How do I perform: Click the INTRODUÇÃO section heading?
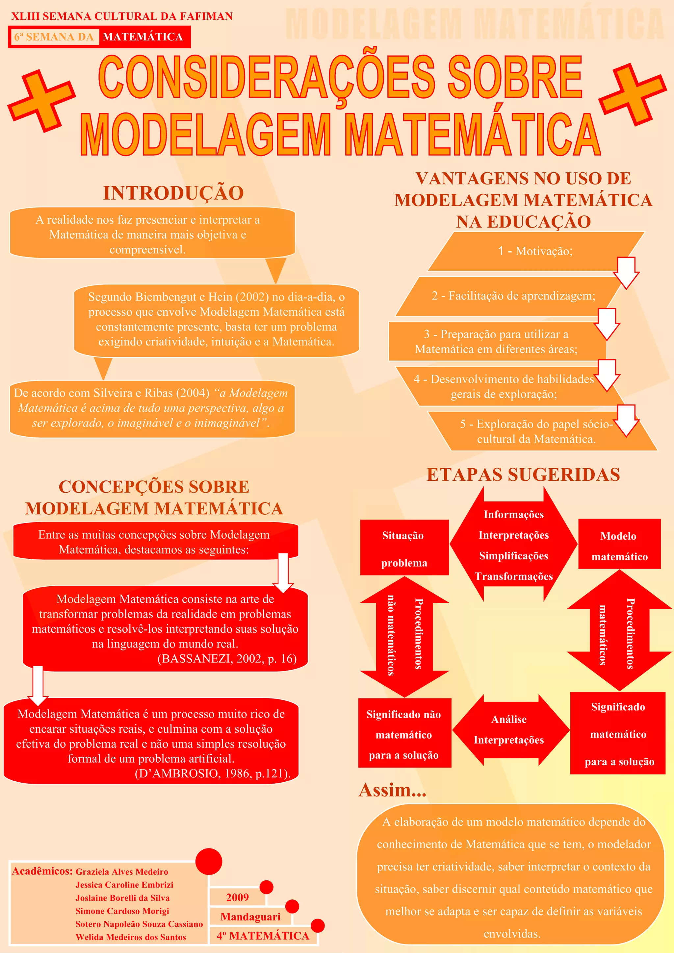point(173,193)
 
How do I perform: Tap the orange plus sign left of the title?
point(41,101)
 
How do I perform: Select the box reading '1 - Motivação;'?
point(535,251)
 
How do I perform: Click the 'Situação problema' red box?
point(404,548)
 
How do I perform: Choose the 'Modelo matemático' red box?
point(619,544)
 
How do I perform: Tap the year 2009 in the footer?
point(238,897)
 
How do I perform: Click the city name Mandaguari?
point(250,916)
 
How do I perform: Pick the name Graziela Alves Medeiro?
point(122,872)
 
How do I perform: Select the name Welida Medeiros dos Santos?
point(131,937)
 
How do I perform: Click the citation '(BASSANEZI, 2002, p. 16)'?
point(227,659)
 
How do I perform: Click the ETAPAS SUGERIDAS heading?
point(523,475)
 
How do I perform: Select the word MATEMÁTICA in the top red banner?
point(143,37)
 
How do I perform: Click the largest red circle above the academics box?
point(208,861)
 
